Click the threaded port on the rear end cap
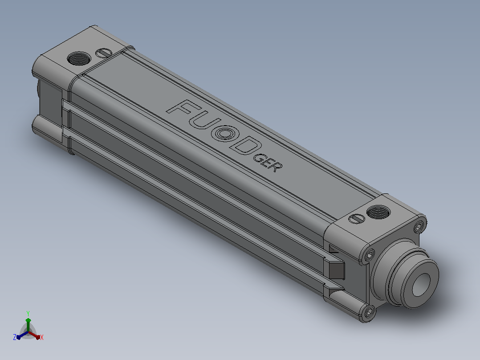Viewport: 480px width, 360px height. tap(79, 58)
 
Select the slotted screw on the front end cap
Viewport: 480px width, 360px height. tap(357, 219)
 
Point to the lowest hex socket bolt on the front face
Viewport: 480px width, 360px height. tap(369, 312)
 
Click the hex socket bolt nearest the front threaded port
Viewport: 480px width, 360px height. tap(419, 227)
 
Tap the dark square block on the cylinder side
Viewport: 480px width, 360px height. tap(337, 270)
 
